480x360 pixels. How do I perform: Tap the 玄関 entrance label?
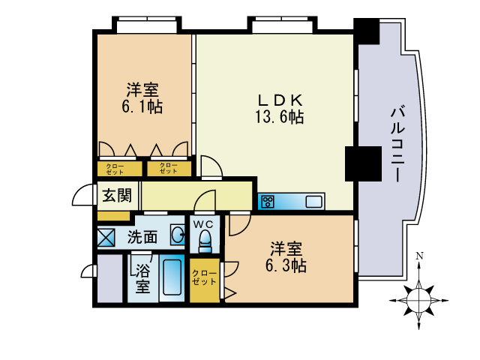[x=117, y=196]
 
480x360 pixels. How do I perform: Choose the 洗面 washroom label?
[x=142, y=237]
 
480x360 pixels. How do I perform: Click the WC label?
[x=204, y=223]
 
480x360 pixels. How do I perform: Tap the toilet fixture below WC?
[x=204, y=242]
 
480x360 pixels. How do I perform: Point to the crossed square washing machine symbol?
[x=106, y=237]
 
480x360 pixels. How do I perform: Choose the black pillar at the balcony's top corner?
[x=367, y=31]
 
